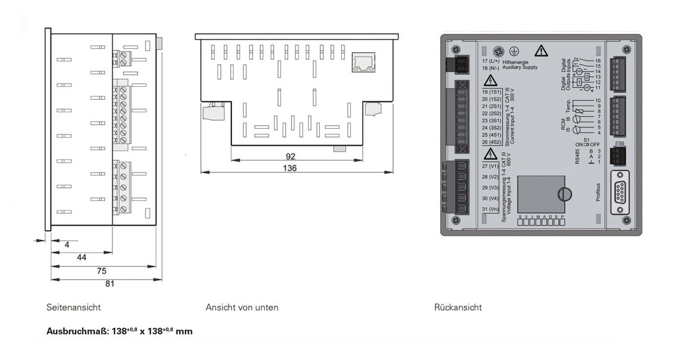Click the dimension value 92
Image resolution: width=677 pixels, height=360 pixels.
[291, 156]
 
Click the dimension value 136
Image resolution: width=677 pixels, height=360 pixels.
[291, 168]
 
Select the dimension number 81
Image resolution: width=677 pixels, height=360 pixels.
[109, 284]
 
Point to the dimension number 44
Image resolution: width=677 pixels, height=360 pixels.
[81, 257]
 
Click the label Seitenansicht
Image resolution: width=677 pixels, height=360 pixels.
[73, 308]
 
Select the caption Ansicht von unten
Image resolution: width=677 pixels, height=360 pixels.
[241, 308]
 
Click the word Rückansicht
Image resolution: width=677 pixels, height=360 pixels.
[458, 308]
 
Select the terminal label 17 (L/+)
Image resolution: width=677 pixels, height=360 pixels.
[490, 60]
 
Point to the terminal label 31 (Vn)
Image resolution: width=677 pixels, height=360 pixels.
[490, 209]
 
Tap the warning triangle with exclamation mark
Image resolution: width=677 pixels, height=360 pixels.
[541, 51]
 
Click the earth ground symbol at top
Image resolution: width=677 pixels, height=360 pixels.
[513, 50]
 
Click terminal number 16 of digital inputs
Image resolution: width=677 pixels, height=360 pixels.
[598, 60]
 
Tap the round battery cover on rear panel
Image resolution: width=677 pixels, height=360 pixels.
[564, 194]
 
